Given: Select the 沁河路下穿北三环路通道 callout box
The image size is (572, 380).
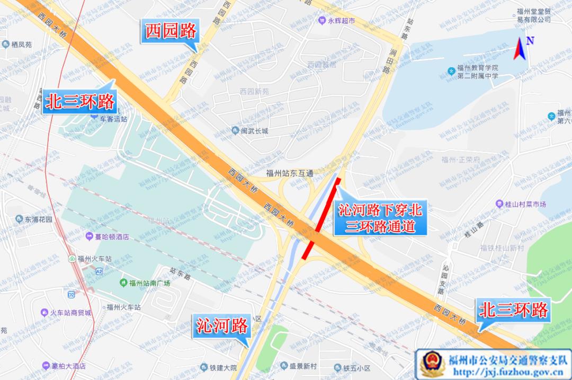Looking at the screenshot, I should coord(380,219).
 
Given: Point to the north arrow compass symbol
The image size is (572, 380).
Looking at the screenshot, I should coord(522,49).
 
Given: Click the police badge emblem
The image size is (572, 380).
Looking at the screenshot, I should coord(431,365).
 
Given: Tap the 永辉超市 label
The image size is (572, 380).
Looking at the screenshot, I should coord(341,21).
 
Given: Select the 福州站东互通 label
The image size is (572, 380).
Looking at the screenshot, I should coord(290,173).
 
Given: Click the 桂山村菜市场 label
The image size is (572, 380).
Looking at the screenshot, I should coord(524,204).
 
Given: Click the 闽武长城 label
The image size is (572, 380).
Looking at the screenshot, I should coord(254,131).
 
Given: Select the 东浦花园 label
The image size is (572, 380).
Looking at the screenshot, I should coord(38,219).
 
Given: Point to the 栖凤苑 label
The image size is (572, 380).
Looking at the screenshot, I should coord(21,45).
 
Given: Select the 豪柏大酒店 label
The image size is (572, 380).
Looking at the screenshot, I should coord(69,366).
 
